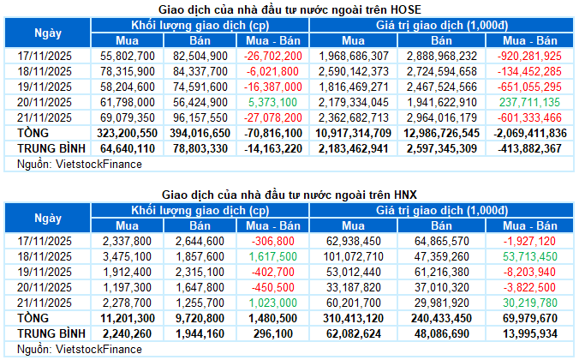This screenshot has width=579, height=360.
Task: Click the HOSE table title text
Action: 289,9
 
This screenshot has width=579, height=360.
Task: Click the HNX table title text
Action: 289,195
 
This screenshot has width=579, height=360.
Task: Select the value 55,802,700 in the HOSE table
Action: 128,54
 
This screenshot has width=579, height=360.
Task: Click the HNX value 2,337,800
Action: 131,242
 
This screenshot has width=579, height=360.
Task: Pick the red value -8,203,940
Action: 535,273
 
